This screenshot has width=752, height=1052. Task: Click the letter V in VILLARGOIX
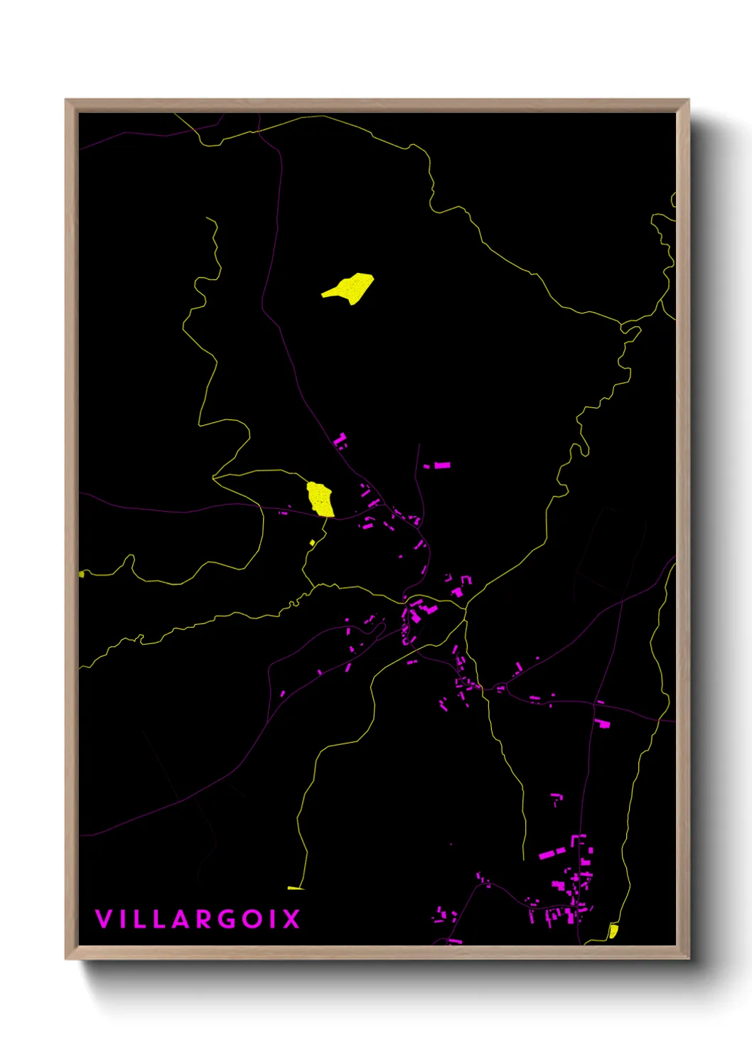pyautogui.click(x=103, y=918)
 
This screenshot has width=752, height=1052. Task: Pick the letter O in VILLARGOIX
pyautogui.click(x=252, y=918)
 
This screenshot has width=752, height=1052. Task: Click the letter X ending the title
pyautogui.click(x=291, y=918)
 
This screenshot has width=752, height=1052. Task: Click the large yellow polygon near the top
pyautogui.click(x=350, y=287)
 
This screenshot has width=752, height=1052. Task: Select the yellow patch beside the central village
pyautogui.click(x=321, y=499)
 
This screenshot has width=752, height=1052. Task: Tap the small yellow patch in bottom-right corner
pyautogui.click(x=613, y=930)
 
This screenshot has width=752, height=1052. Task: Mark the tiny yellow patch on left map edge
pyautogui.click(x=82, y=574)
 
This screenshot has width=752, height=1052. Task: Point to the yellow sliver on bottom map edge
pyautogui.click(x=295, y=888)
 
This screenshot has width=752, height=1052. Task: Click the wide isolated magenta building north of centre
pyautogui.click(x=442, y=466)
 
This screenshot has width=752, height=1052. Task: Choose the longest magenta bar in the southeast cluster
pyautogui.click(x=552, y=853)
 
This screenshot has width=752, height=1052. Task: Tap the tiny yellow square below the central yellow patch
pyautogui.click(x=312, y=543)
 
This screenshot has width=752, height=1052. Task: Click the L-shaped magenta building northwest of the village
pyautogui.click(x=340, y=441)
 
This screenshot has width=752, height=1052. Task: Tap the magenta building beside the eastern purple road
pyautogui.click(x=603, y=724)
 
